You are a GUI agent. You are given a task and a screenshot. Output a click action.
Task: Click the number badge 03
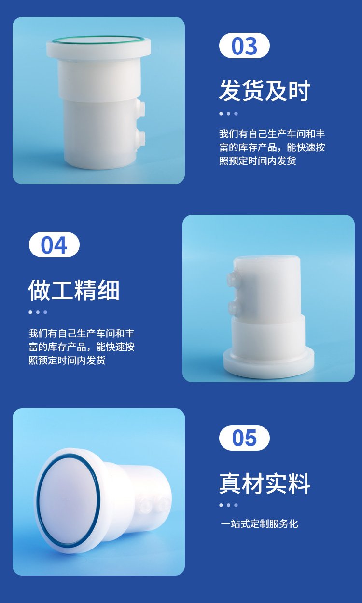[244, 46]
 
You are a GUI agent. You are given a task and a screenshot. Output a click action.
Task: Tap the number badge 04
[54, 245]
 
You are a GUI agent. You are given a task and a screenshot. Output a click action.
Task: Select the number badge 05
[244, 438]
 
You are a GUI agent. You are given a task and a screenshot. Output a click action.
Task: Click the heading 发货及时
[265, 91]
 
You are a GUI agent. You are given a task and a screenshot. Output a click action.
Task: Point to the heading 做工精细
[74, 290]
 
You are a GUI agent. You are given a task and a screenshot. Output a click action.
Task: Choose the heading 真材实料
[265, 483]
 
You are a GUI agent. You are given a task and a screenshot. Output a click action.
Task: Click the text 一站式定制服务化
[259, 523]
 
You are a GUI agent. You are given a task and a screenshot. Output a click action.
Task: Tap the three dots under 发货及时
[228, 114]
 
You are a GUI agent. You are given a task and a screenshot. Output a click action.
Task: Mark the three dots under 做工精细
[38, 312]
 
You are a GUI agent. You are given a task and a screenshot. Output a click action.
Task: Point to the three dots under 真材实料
[228, 505]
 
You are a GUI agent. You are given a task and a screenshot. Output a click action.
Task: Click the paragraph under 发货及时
[272, 147]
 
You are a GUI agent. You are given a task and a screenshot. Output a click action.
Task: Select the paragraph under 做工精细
[82, 347]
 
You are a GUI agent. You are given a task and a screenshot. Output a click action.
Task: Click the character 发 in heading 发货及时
[230, 91]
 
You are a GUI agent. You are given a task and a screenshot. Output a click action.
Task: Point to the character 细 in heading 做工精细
[109, 290]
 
